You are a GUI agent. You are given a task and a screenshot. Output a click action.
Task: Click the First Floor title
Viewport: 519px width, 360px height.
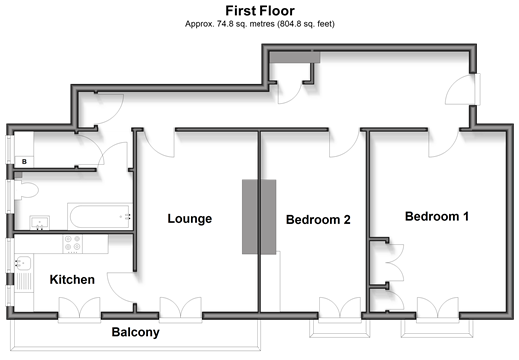[x=259, y=11]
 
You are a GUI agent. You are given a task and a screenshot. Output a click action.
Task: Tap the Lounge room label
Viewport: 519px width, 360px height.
[x=190, y=219]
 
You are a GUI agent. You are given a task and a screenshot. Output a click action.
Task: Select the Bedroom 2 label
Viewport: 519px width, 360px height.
[x=318, y=220]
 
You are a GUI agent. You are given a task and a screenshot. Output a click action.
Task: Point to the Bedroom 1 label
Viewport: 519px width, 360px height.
[x=437, y=216]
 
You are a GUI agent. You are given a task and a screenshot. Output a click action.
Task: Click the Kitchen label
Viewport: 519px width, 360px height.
[x=72, y=280]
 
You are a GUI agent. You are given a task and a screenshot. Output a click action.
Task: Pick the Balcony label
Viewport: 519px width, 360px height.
[x=135, y=332]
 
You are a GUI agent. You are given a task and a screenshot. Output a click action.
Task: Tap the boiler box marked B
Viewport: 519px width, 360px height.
[x=24, y=162]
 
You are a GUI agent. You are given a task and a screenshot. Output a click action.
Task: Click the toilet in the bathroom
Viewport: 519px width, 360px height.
[x=26, y=190]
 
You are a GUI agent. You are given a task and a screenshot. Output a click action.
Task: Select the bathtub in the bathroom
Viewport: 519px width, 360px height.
[x=99, y=217]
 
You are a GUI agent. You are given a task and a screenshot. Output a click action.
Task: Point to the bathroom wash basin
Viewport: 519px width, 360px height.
[x=40, y=223]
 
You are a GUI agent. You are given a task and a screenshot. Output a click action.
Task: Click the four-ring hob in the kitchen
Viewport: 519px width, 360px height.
[x=73, y=244]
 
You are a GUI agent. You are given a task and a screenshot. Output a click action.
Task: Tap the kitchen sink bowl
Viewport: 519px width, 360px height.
[x=23, y=263]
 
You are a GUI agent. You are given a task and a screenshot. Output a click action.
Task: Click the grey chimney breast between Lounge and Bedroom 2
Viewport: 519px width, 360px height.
[x=259, y=216]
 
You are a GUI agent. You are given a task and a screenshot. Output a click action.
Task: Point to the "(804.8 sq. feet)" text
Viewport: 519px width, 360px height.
[x=306, y=24]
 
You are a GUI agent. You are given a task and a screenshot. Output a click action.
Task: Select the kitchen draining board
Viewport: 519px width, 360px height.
[x=23, y=282]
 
